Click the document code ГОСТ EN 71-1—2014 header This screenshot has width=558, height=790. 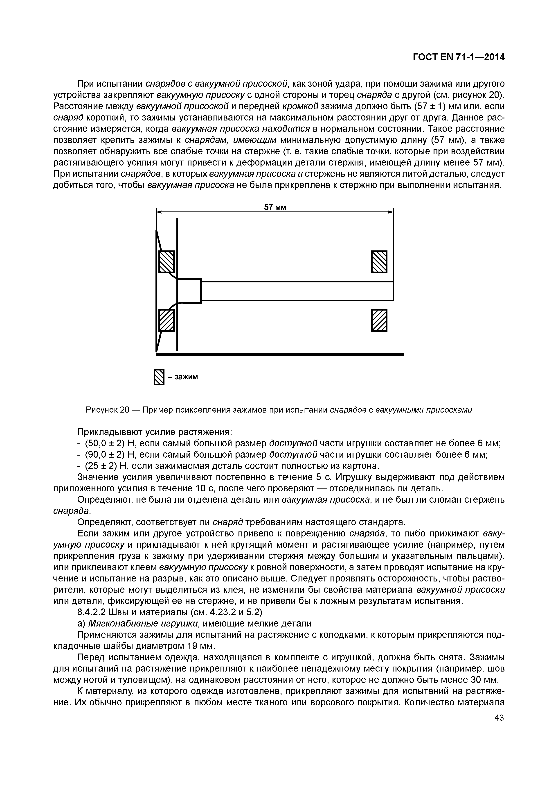tap(458, 57)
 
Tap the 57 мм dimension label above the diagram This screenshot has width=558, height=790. tap(275, 207)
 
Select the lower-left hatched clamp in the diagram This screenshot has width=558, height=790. tap(166, 320)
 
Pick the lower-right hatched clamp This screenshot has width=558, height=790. tap(379, 320)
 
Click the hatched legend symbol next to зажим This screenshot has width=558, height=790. tap(159, 377)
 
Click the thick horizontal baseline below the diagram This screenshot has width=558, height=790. tap(279, 354)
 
